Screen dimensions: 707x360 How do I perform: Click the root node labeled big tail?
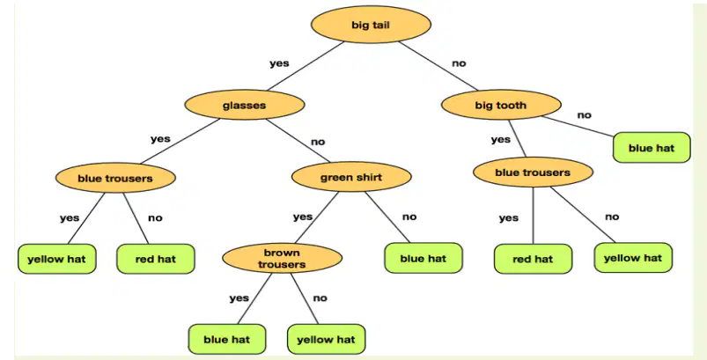click(x=371, y=25)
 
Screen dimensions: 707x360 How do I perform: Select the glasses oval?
click(x=245, y=105)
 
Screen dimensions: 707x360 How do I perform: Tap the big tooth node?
click(x=501, y=105)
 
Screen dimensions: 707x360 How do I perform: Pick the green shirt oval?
click(x=351, y=177)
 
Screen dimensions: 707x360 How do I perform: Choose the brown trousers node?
click(x=282, y=258)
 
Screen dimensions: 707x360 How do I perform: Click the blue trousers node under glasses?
click(x=115, y=178)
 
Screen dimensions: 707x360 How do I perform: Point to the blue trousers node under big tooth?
click(x=533, y=173)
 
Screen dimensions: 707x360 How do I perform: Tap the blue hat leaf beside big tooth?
click(x=652, y=147)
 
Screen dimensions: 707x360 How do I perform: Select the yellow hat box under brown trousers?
click(x=326, y=339)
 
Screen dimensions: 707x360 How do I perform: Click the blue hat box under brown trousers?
click(x=227, y=339)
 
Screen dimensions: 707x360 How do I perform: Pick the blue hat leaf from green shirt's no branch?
click(x=423, y=258)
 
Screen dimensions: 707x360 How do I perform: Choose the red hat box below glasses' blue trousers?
click(x=156, y=259)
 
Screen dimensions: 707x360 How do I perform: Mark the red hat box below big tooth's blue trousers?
click(x=533, y=259)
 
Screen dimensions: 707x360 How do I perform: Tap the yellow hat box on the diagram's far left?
click(x=57, y=259)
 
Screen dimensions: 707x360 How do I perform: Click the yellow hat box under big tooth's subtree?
click(x=633, y=258)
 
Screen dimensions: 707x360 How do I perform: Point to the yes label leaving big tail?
click(x=280, y=63)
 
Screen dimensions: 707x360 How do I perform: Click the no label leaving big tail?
click(x=459, y=63)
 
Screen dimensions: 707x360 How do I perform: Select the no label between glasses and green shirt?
click(x=318, y=142)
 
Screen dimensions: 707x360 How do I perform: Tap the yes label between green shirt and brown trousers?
click(x=303, y=217)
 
